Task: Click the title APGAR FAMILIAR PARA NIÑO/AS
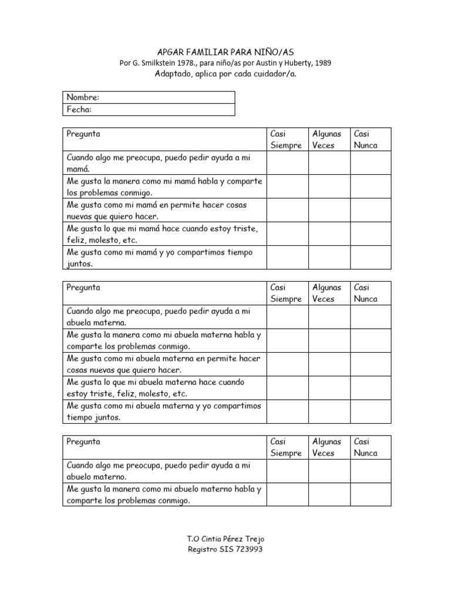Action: [225, 52]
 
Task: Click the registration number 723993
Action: [250, 549]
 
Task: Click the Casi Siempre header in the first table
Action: [287, 140]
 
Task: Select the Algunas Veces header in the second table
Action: [329, 293]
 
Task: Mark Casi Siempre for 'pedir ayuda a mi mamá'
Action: [287, 163]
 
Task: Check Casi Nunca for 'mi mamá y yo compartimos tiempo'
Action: [371, 257]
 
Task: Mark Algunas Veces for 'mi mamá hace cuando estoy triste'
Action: [329, 234]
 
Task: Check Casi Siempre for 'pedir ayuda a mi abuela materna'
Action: [287, 317]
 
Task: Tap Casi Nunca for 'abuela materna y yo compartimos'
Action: [371, 411]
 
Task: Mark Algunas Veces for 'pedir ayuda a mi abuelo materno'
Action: [329, 471]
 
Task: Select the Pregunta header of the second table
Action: [83, 288]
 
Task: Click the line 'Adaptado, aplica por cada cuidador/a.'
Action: [225, 74]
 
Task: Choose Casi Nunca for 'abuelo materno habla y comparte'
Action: [371, 494]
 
